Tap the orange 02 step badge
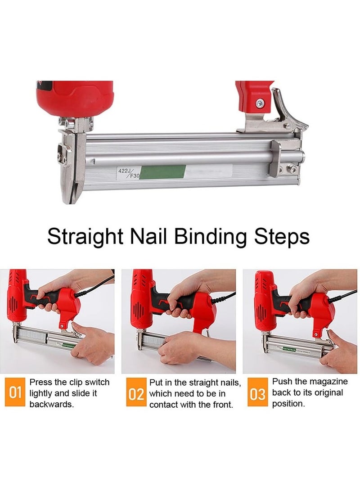136,395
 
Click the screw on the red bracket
260,103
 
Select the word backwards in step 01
51,404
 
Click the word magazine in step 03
328,382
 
